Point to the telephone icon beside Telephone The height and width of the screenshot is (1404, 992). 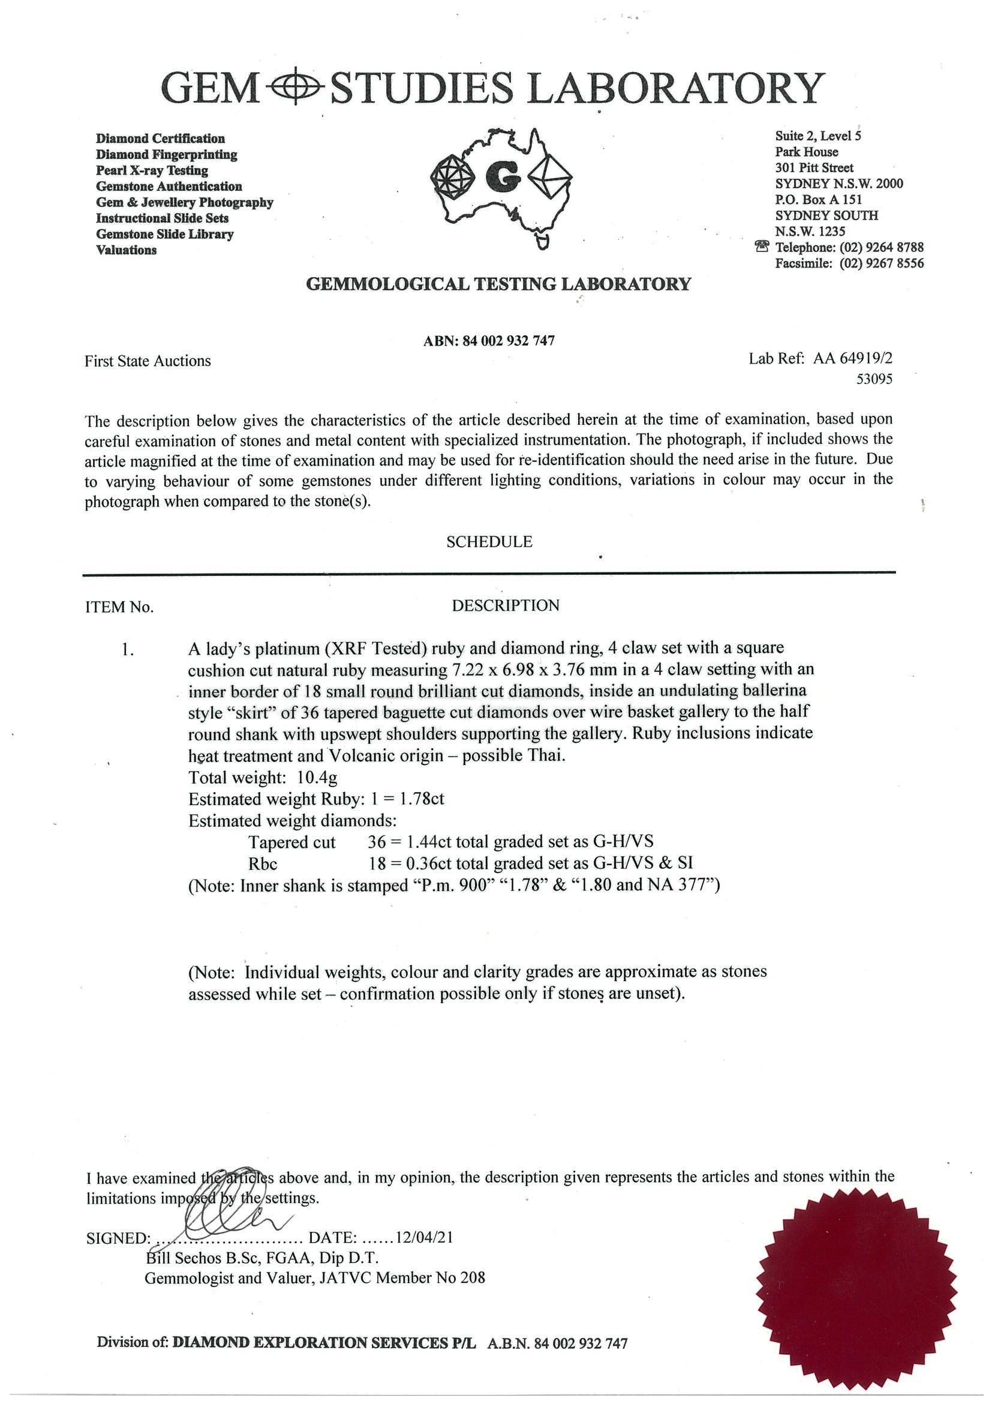(x=762, y=247)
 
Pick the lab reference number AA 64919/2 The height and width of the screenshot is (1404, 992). (x=853, y=358)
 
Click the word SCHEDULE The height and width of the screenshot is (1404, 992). (x=489, y=542)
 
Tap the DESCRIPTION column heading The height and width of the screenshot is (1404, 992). (x=505, y=605)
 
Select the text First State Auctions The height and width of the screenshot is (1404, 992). (x=148, y=361)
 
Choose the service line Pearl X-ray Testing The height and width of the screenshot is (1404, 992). (x=152, y=170)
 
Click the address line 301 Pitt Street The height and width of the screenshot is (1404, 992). (x=814, y=167)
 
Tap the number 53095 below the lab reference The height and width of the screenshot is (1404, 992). (x=874, y=379)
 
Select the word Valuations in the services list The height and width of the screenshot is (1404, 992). (x=126, y=250)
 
